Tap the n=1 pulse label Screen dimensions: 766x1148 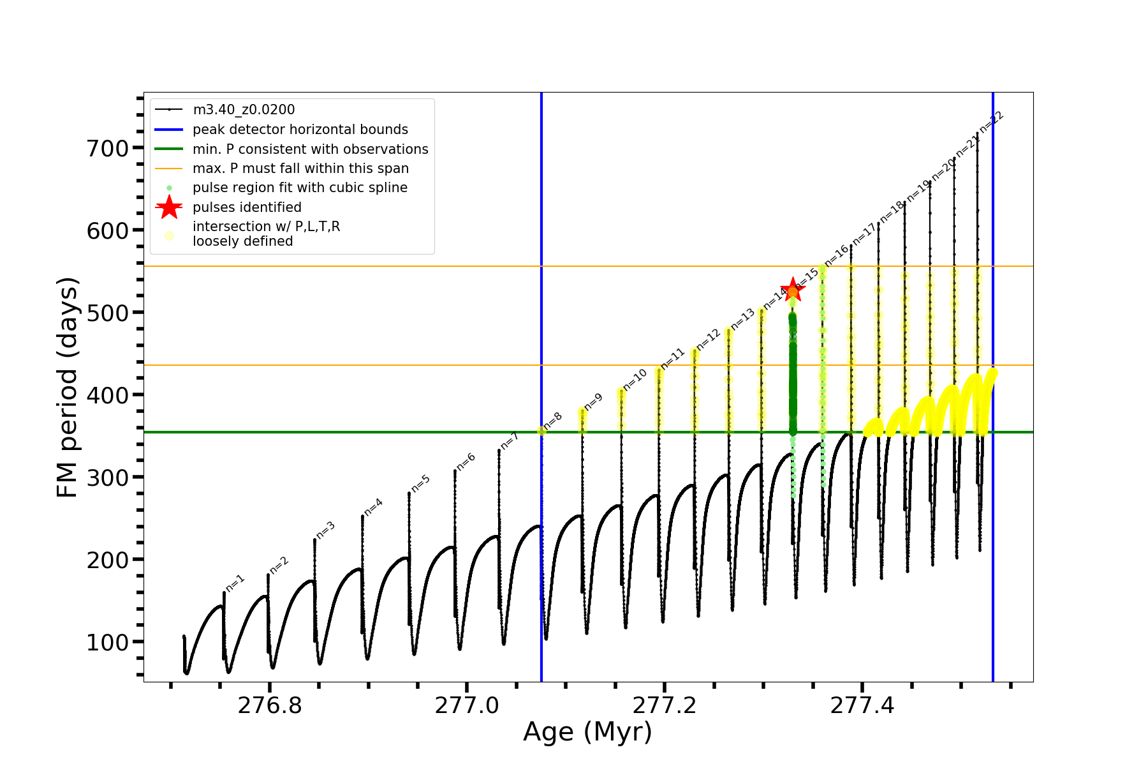235,583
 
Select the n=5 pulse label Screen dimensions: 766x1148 420,483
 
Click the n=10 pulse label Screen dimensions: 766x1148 635,379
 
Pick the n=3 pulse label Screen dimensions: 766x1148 325,530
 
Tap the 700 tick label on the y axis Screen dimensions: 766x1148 107,148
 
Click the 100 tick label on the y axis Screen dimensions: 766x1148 107,642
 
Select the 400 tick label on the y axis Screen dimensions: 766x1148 107,395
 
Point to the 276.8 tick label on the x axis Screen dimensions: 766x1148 270,706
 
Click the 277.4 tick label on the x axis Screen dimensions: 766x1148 862,706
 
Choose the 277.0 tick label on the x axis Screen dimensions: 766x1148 467,706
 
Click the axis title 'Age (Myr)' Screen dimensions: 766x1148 587,732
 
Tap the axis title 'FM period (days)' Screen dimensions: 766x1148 67,387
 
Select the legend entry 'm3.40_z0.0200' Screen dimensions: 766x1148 244,110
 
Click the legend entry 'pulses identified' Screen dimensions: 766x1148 247,207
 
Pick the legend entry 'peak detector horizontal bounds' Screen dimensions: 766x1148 300,130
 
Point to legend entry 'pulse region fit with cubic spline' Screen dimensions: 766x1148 300,188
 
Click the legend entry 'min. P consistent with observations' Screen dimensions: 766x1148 310,149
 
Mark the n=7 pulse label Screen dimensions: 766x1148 510,440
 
